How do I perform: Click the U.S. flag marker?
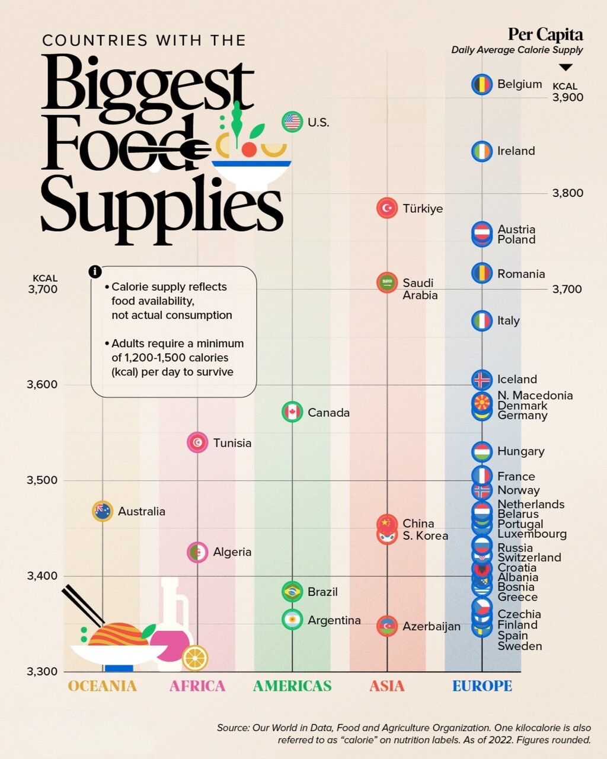point(292,122)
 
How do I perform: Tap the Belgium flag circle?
point(482,85)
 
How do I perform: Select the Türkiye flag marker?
point(387,208)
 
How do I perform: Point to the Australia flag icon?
point(103,511)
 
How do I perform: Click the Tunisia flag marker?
point(197,442)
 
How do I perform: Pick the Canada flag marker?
point(292,412)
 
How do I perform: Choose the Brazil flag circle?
point(292,591)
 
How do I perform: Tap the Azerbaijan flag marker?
point(387,626)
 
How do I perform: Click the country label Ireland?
point(516,151)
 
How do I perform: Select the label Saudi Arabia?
point(420,289)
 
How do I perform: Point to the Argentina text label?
point(334,620)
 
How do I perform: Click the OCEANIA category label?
point(103,686)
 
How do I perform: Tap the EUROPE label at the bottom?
point(482,686)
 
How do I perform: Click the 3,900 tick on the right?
point(567,98)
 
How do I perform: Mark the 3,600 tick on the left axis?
point(42,384)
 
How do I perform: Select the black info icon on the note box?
point(95,272)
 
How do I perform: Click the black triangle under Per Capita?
point(566,68)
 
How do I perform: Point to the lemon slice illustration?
point(194,658)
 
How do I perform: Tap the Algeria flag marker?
point(197,552)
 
